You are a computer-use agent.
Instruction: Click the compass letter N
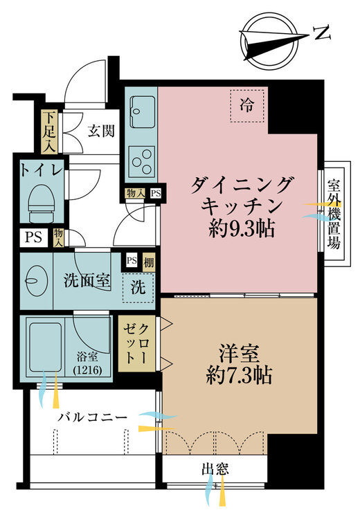click(x=322, y=33)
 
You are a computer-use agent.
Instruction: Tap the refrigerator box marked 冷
click(x=247, y=106)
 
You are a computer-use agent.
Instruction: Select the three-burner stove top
click(x=142, y=161)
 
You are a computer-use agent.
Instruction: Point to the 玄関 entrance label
click(x=101, y=131)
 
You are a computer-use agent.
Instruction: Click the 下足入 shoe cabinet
click(x=49, y=131)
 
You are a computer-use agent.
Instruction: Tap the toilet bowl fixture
click(x=42, y=203)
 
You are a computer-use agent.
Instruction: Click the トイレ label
click(x=42, y=170)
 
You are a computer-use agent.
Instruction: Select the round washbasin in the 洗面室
click(x=36, y=281)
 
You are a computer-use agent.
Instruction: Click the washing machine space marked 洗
click(x=138, y=286)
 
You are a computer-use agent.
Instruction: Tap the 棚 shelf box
click(x=149, y=262)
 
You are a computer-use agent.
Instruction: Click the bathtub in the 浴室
click(x=46, y=347)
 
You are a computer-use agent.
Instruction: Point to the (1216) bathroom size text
click(x=87, y=370)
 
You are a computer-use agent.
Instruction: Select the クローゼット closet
click(x=136, y=343)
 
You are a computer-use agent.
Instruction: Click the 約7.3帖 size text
click(x=239, y=376)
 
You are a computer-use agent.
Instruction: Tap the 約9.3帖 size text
click(x=242, y=228)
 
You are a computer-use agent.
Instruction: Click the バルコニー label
click(x=92, y=417)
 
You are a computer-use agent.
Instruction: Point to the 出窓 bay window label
click(x=215, y=469)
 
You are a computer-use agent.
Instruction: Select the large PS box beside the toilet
click(x=34, y=237)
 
